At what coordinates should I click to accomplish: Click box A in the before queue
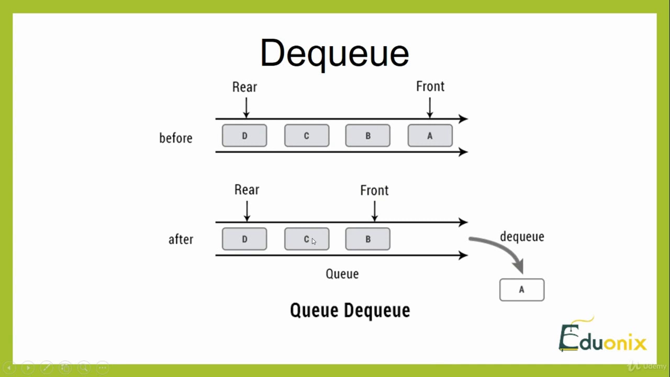pyautogui.click(x=430, y=136)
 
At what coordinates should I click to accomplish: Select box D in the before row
pyautogui.click(x=244, y=136)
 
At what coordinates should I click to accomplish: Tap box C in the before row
pyautogui.click(x=307, y=136)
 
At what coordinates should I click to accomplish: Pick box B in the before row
pyautogui.click(x=367, y=136)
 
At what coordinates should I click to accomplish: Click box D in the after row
pyautogui.click(x=244, y=239)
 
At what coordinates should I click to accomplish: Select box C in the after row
pyautogui.click(x=307, y=239)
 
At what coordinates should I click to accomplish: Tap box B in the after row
pyautogui.click(x=367, y=239)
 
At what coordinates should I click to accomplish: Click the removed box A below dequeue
pyautogui.click(x=521, y=290)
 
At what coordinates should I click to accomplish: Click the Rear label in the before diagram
pyautogui.click(x=244, y=87)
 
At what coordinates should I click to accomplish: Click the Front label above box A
pyautogui.click(x=430, y=86)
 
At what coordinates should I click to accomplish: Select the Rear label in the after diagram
pyautogui.click(x=247, y=190)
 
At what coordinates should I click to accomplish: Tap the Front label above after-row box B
pyautogui.click(x=374, y=191)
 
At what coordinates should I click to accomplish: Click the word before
pyautogui.click(x=176, y=138)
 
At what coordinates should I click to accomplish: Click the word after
pyautogui.click(x=181, y=240)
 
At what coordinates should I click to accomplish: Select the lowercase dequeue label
pyautogui.click(x=522, y=237)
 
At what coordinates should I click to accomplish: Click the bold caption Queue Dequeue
pyautogui.click(x=350, y=311)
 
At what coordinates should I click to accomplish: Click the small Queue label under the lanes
pyautogui.click(x=342, y=274)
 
